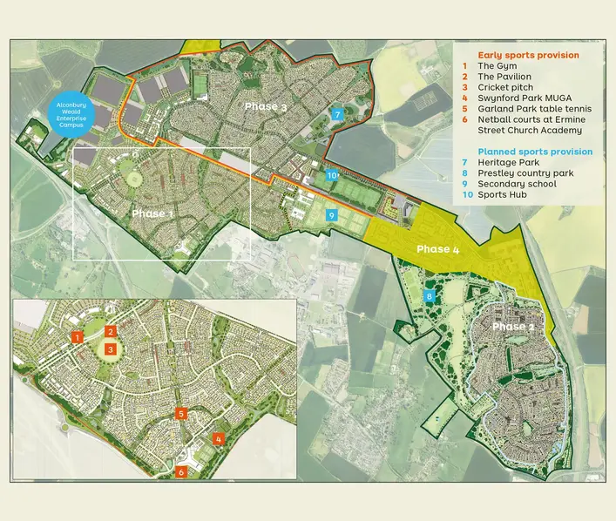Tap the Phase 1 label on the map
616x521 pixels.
(x=152, y=213)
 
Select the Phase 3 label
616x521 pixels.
(x=266, y=106)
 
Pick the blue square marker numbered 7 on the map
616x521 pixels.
(x=337, y=115)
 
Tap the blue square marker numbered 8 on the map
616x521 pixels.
(x=429, y=297)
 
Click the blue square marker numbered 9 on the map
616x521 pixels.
(x=331, y=215)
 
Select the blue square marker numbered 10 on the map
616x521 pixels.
(x=332, y=175)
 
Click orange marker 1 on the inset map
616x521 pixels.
(x=77, y=337)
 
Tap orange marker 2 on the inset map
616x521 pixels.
(x=111, y=331)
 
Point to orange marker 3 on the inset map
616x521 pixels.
(x=111, y=349)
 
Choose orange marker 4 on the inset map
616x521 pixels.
(x=219, y=439)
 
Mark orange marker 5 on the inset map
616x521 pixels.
(x=180, y=414)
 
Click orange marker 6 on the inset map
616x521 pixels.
(x=181, y=471)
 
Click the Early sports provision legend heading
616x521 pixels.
(x=528, y=55)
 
